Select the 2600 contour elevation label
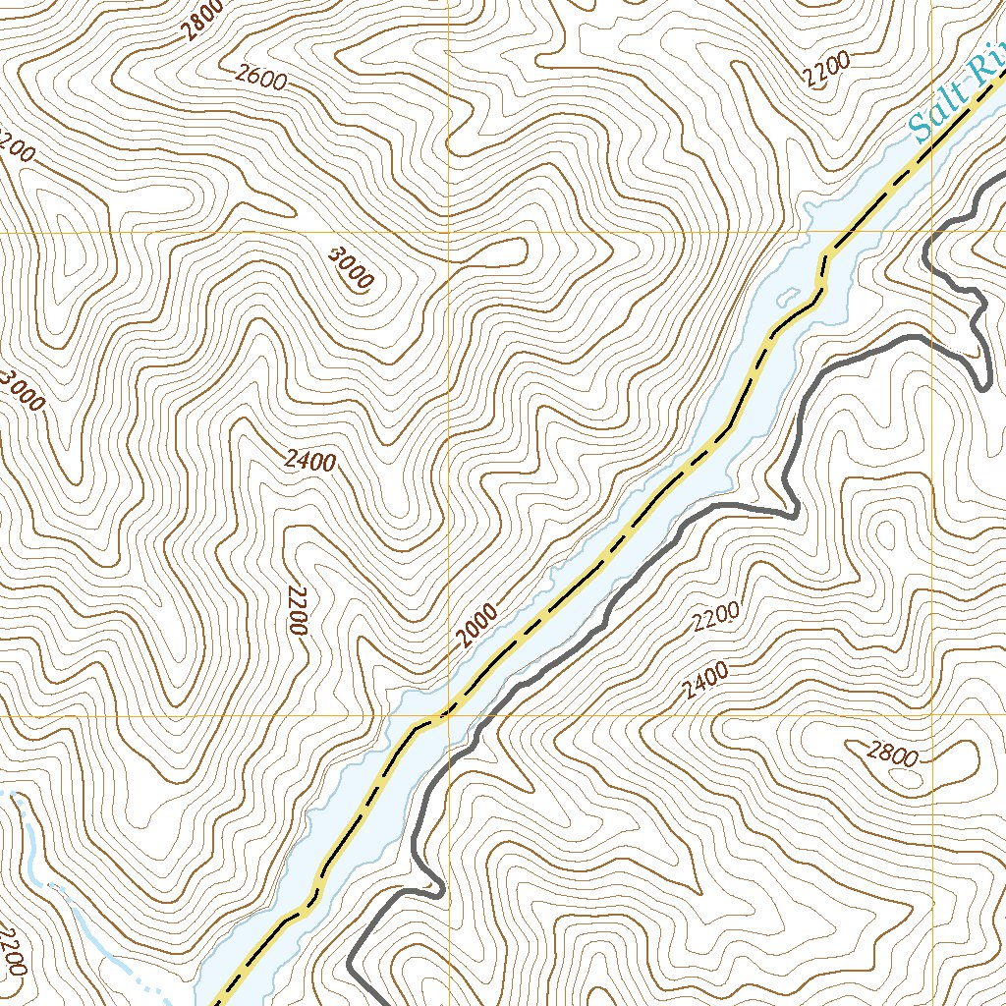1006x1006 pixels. tap(261, 79)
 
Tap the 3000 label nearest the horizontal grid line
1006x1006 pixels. tap(351, 267)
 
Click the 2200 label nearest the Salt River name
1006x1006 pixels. tap(825, 70)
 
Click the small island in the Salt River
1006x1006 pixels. tap(787, 293)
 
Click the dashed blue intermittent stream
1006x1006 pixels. tap(128, 967)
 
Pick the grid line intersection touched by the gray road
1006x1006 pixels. tap(932, 232)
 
